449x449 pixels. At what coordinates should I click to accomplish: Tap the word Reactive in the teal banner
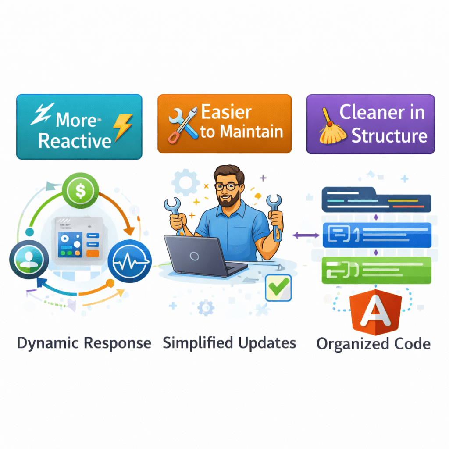[75, 141]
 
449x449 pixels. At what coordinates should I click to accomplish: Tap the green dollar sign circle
[80, 191]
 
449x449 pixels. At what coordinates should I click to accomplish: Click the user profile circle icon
[27, 260]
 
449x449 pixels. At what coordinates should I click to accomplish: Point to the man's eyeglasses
[227, 186]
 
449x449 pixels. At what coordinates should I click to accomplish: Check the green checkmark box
[278, 288]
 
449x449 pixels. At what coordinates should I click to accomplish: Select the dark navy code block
[376, 200]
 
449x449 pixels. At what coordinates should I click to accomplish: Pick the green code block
[376, 270]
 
